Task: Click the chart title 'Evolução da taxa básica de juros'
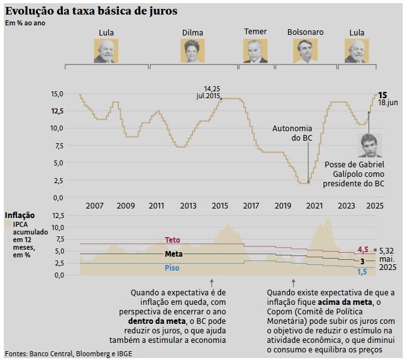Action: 91,11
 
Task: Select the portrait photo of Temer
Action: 255,51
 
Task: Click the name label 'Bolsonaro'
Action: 305,32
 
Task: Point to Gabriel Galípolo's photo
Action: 370,145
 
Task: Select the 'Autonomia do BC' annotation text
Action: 292,133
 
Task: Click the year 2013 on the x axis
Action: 188,206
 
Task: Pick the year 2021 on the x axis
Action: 313,206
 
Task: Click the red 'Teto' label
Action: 172,240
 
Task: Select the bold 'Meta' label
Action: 174,254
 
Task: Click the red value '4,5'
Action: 363,250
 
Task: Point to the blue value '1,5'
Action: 362,272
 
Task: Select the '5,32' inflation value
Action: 388,251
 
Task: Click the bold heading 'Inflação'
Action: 20,215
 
